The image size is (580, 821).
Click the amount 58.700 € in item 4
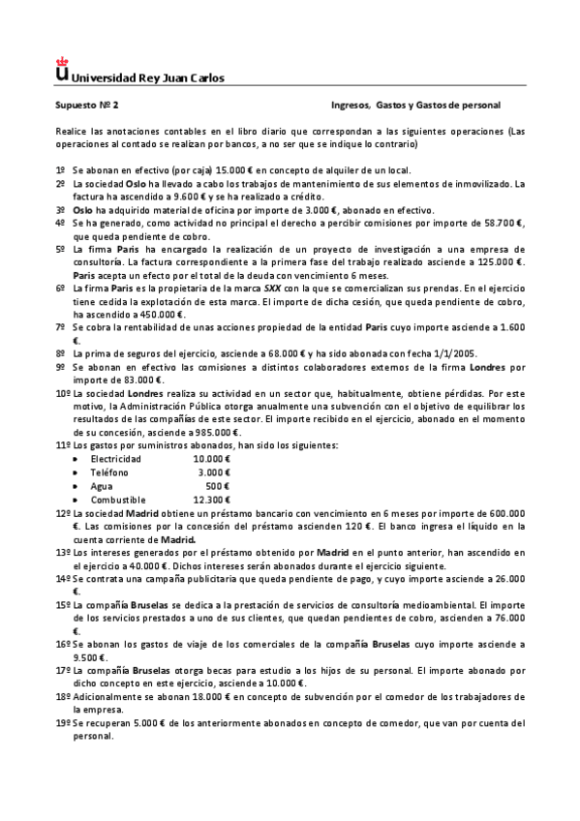503,222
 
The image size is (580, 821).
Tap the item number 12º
62,512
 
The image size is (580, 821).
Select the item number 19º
62,722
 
